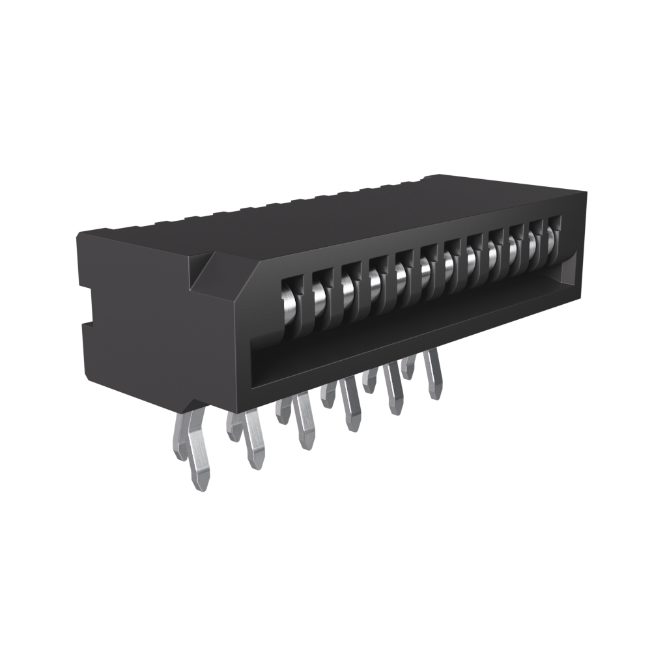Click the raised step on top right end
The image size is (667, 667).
443,179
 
